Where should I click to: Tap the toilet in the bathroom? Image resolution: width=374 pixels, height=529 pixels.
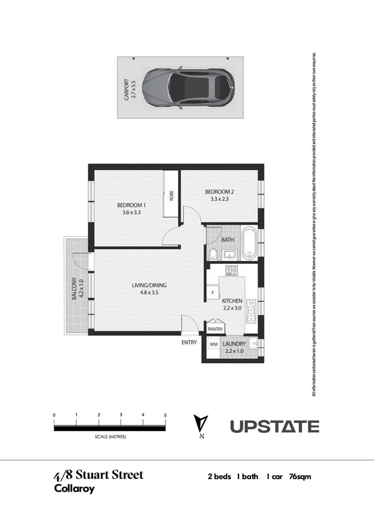(x=213, y=254)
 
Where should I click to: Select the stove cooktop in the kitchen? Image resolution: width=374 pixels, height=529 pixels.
(x=233, y=270)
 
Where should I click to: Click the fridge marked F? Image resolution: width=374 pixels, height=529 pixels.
(x=213, y=292)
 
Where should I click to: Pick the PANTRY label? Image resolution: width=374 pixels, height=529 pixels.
(x=215, y=328)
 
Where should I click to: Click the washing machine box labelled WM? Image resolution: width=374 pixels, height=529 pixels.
(x=213, y=344)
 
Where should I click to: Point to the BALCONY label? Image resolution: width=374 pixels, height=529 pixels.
(x=77, y=289)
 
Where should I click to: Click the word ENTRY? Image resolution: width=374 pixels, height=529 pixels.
(x=189, y=342)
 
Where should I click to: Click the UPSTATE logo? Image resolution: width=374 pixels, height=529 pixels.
(x=275, y=427)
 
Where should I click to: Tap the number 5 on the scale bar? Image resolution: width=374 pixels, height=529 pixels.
(x=165, y=415)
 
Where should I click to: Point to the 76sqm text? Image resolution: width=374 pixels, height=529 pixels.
(x=300, y=477)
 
